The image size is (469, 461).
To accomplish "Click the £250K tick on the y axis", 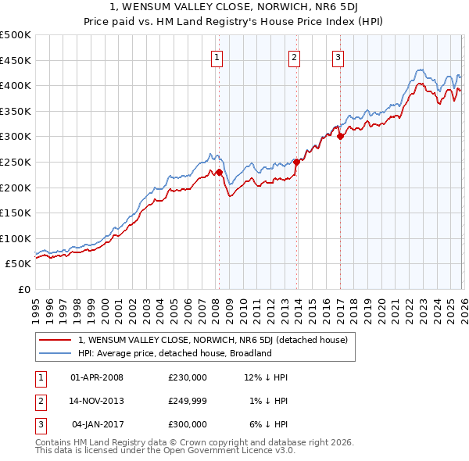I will [16, 162].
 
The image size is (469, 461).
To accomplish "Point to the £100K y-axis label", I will [16, 238].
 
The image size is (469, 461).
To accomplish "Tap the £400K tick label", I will [16, 85].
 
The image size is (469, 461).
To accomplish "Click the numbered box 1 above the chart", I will [216, 56].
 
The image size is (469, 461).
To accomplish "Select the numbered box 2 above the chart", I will [294, 56].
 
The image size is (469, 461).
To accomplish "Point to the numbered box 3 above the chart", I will [338, 56].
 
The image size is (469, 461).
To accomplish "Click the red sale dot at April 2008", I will [219, 172].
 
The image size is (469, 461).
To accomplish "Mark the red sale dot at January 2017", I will [340, 136].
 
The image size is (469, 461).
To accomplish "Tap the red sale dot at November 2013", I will [297, 162].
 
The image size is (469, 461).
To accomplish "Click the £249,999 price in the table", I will [188, 401].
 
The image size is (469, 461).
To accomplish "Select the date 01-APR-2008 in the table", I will [97, 377].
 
